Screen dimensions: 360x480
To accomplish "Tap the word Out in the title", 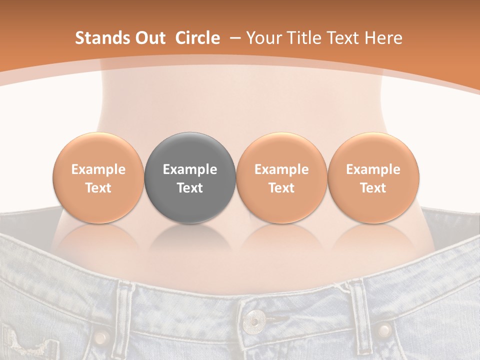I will (x=149, y=38).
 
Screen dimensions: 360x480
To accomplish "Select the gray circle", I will (x=190, y=177).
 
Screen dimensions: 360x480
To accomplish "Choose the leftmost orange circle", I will (x=98, y=177).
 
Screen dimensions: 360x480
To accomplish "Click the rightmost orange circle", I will (x=373, y=177).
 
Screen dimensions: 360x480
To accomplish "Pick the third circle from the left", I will (x=281, y=177).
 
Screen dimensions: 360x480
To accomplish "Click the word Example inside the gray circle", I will (x=190, y=169).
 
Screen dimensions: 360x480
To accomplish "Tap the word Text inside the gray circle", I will (x=190, y=188).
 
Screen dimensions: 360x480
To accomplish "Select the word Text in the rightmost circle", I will (x=373, y=188).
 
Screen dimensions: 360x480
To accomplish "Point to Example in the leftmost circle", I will (x=98, y=169).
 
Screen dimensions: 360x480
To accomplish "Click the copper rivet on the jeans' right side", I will (x=384, y=330).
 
